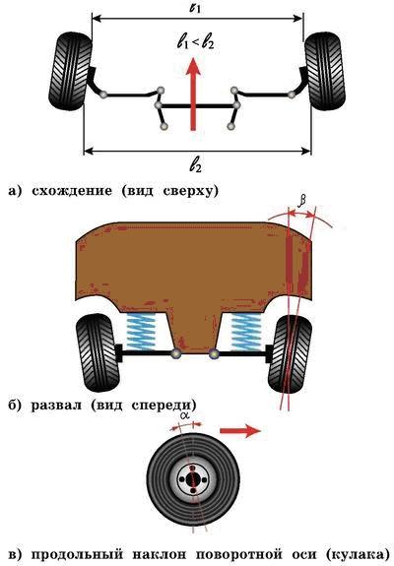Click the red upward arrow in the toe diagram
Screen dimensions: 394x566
(194, 94)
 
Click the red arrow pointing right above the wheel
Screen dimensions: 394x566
(240, 430)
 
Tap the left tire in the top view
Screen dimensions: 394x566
(70, 71)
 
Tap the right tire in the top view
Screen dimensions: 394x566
(325, 71)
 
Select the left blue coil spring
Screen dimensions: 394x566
(141, 331)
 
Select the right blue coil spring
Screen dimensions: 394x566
(245, 331)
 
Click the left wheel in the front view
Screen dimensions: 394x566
(98, 352)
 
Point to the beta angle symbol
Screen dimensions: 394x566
(301, 203)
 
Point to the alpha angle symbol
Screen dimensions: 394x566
(185, 415)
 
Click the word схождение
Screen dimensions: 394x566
(72, 190)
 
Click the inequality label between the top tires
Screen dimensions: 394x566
(196, 43)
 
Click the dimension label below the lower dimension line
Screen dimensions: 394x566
(195, 165)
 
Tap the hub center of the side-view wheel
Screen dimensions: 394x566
(193, 479)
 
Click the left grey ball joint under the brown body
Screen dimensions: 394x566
(176, 353)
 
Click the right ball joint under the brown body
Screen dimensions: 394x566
(214, 353)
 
